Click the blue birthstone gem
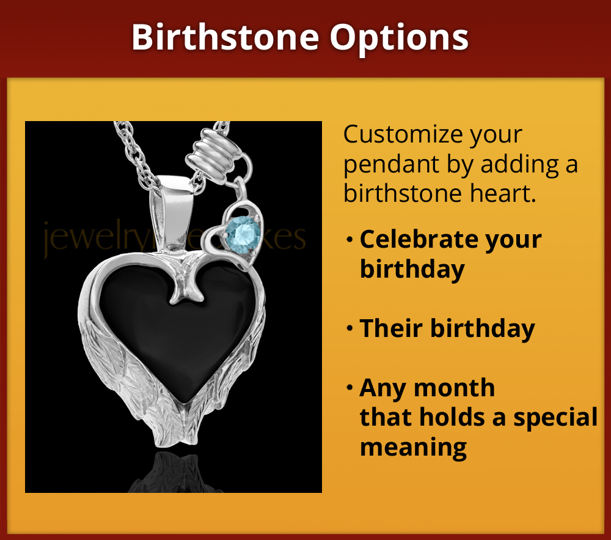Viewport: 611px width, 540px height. pos(243,232)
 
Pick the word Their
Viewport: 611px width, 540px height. pos(389,329)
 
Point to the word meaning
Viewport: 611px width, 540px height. pos(413,447)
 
